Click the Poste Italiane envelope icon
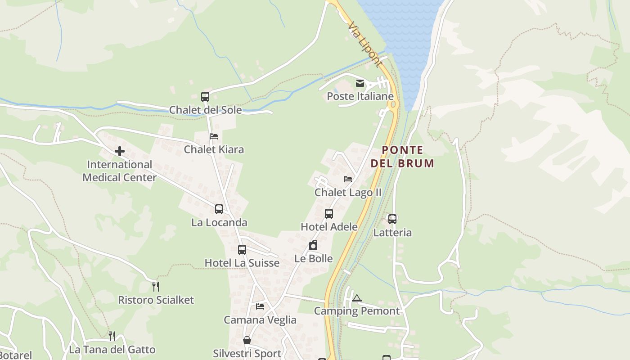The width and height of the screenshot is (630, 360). tap(360, 83)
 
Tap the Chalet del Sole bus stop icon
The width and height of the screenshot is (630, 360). tap(205, 96)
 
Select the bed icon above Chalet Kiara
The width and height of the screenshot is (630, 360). tap(214, 136)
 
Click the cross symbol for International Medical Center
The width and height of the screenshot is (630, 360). tap(120, 151)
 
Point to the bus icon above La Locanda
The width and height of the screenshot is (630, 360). tap(219, 209)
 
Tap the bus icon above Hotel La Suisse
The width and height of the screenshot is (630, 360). tap(242, 250)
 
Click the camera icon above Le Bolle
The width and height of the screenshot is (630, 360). tap(313, 245)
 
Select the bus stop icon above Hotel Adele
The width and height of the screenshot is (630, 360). tap(329, 214)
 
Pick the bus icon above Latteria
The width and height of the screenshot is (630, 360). tap(392, 219)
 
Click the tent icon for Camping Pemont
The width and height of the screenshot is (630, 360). tap(357, 298)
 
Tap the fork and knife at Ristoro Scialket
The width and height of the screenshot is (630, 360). tap(156, 286)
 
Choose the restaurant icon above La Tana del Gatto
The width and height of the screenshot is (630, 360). tap(112, 336)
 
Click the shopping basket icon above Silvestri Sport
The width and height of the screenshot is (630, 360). tap(247, 340)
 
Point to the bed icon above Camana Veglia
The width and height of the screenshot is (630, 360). tap(260, 306)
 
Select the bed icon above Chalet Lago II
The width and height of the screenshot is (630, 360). tap(348, 179)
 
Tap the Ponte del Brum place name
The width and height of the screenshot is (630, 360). tap(402, 156)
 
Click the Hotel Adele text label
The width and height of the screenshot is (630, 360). tap(329, 227)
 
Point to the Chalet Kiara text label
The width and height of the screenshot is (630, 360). tap(214, 149)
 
